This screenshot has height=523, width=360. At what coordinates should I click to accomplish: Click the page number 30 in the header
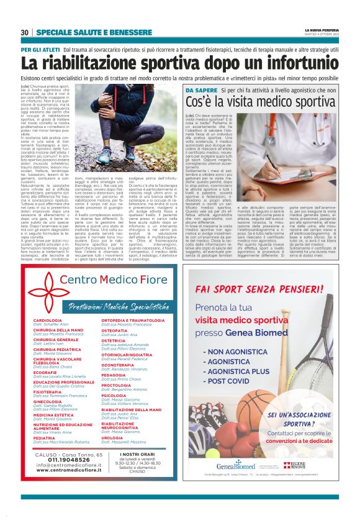pyautogui.click(x=25, y=32)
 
